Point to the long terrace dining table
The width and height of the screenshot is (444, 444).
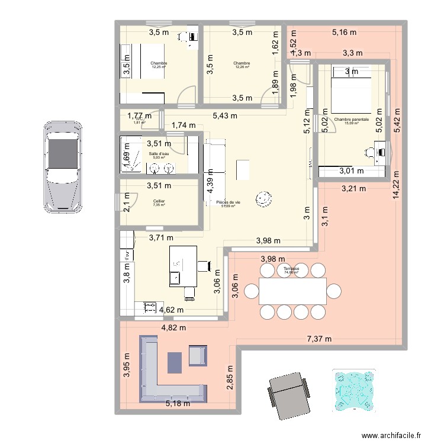[292, 291]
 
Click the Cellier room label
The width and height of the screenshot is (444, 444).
[159, 201]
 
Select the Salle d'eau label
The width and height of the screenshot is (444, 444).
[158, 154]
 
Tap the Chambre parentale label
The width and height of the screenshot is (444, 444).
[351, 120]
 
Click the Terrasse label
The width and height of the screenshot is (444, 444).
[291, 269]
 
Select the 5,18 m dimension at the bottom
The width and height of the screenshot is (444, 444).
[178, 404]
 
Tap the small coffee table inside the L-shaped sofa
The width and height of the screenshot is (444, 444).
[175, 362]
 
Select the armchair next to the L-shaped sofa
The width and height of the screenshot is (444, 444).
[197, 355]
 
